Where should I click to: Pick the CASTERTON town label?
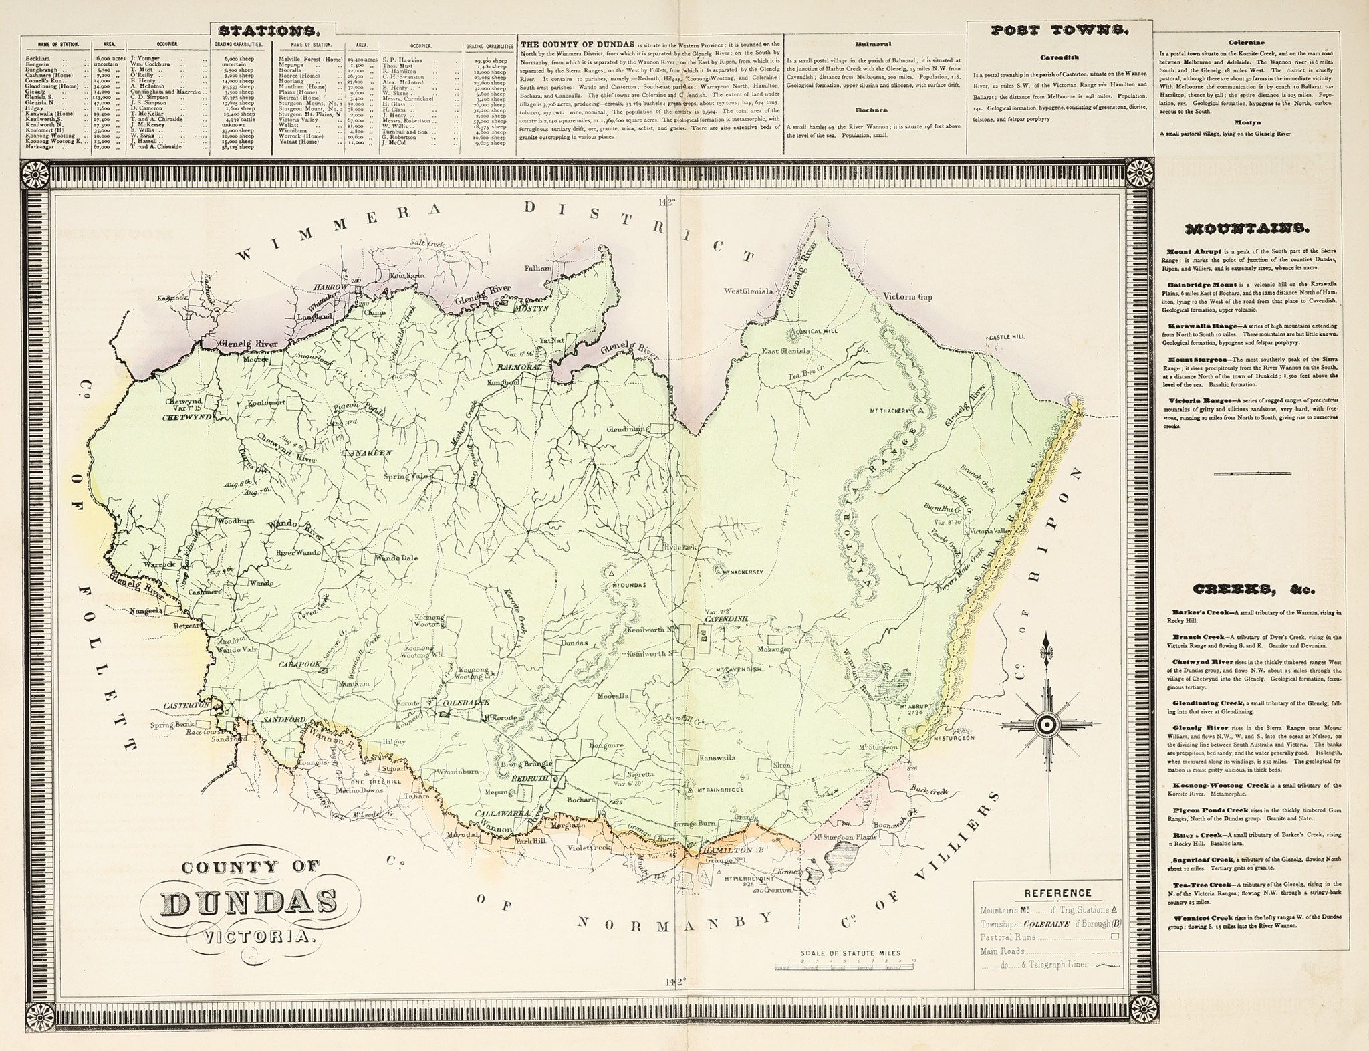click(x=187, y=705)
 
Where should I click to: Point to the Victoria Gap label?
click(x=907, y=296)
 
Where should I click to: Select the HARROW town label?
click(x=328, y=287)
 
